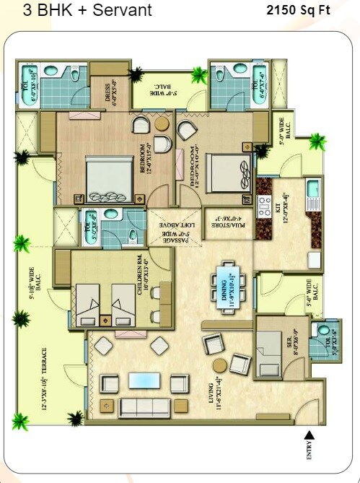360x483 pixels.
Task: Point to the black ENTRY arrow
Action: (310, 435)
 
